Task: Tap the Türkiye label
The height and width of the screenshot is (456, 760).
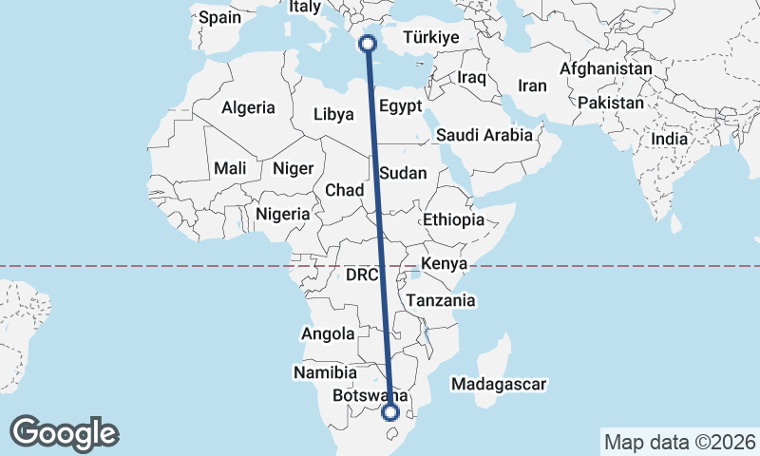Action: (431, 38)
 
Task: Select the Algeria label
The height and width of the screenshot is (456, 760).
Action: (248, 108)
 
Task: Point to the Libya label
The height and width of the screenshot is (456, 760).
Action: (333, 115)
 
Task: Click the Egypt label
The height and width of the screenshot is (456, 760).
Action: (400, 105)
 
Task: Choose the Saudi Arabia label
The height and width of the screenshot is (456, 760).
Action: (484, 135)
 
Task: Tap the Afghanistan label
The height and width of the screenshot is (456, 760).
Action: (606, 69)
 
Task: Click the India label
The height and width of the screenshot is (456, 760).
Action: (669, 139)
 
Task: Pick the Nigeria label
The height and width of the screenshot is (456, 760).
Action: (283, 214)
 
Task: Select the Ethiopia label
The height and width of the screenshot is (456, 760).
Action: (454, 219)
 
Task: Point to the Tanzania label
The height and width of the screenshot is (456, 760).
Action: (440, 300)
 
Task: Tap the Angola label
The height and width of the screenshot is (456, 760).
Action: (328, 334)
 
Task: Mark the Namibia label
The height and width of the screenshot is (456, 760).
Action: (325, 373)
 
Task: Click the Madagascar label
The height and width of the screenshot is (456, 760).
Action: (500, 385)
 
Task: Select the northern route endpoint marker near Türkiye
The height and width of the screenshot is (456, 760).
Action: (368, 43)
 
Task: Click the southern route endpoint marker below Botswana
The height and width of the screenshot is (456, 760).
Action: (389, 411)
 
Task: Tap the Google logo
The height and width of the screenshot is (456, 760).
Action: (64, 433)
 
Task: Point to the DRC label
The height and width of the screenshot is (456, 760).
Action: (362, 275)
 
